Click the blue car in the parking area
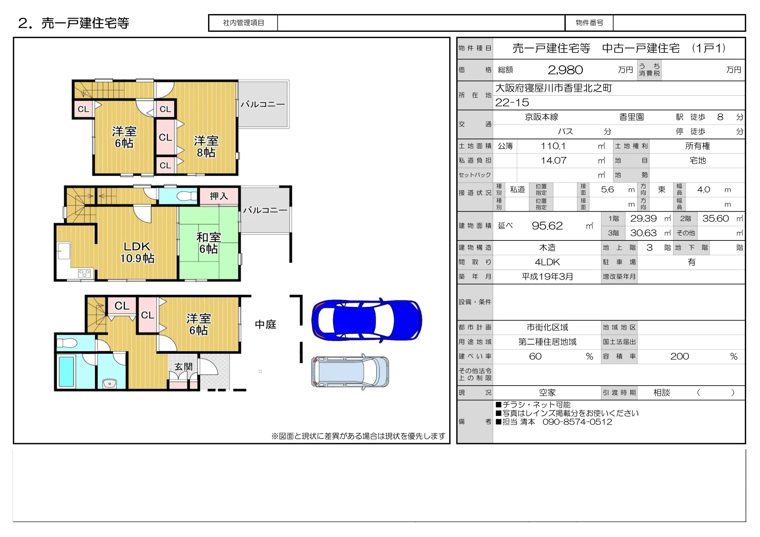click(366, 319)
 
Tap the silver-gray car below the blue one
click(350, 371)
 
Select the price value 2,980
click(565, 70)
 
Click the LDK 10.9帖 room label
click(137, 252)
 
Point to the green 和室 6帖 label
click(208, 243)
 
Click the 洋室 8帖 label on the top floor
click(206, 147)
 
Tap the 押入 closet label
click(219, 196)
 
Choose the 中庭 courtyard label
click(265, 324)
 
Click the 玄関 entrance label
click(183, 366)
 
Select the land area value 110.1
click(553, 146)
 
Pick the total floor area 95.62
click(547, 226)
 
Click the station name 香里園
click(631, 117)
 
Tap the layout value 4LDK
click(547, 262)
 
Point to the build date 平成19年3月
click(547, 277)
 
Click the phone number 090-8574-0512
click(577, 422)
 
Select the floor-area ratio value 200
click(679, 356)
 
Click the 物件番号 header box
click(589, 23)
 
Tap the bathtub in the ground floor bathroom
click(67, 371)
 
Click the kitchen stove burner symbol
click(84, 273)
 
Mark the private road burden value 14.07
click(553, 160)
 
